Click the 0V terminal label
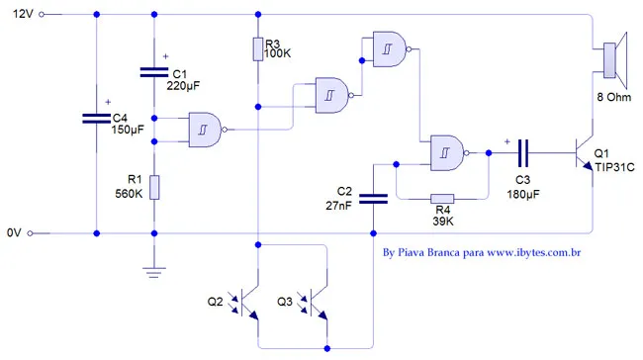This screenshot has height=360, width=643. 13,233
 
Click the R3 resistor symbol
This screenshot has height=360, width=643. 257,48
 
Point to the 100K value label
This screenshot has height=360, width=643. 277,55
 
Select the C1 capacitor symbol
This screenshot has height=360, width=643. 154,72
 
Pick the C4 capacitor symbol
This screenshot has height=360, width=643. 96,117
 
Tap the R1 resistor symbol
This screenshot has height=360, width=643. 154,186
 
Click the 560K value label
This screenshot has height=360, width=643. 131,194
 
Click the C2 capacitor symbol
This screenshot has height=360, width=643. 373,197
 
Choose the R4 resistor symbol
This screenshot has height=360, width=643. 442,198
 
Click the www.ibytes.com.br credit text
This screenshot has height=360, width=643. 533,253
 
